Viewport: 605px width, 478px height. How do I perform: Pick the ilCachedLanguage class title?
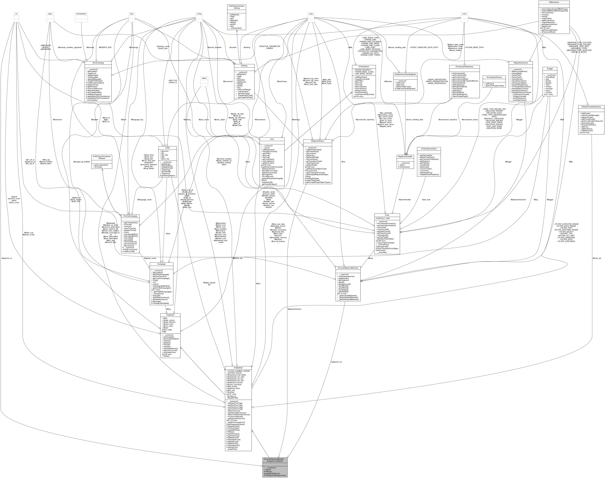click(x=130, y=216)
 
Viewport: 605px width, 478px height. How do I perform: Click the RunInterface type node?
click(x=81, y=14)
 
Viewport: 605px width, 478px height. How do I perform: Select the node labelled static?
click(x=50, y=14)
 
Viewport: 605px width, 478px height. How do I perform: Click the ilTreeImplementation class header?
click(x=429, y=149)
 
